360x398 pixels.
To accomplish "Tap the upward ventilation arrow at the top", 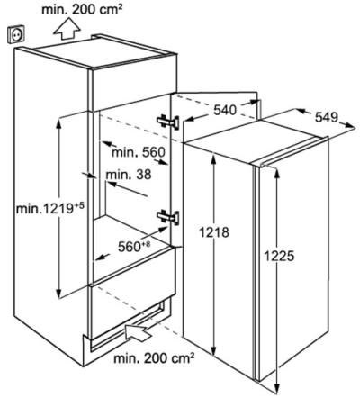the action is (67, 28).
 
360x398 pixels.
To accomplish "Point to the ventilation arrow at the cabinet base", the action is (139, 332).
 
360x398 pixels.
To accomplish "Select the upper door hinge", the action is (168, 122).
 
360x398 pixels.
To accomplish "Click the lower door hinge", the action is (168, 217).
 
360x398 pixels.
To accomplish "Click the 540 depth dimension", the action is (225, 110).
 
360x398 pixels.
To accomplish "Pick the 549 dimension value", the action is (327, 117).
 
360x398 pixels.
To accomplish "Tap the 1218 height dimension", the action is (214, 232).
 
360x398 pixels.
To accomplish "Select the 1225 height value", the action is (279, 256).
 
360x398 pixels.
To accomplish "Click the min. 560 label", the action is (139, 152).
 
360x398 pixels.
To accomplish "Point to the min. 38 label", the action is (129, 174).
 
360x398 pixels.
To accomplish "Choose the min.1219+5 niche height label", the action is (50, 207).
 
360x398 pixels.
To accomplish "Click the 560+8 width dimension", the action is (134, 247).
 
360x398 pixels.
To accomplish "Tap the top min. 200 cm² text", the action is (82, 10).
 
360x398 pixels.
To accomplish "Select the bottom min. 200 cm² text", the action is (154, 358).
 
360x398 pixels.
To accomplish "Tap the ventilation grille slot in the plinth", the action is (128, 326).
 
